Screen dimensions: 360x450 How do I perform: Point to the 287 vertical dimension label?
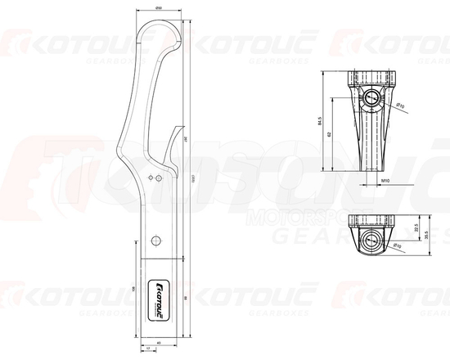tap(187, 141)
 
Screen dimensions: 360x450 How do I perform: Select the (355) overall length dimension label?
tap(192, 180)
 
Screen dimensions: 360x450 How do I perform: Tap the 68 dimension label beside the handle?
tap(187, 298)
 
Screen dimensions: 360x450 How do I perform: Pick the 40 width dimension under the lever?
tap(158, 341)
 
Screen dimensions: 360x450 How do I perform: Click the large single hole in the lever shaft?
tap(155, 239)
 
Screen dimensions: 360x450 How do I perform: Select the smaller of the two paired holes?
tap(150, 176)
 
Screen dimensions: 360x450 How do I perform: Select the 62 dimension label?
tap(330, 133)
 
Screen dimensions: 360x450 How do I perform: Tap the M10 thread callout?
tap(385, 183)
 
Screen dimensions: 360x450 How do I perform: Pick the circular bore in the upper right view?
tap(372, 98)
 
